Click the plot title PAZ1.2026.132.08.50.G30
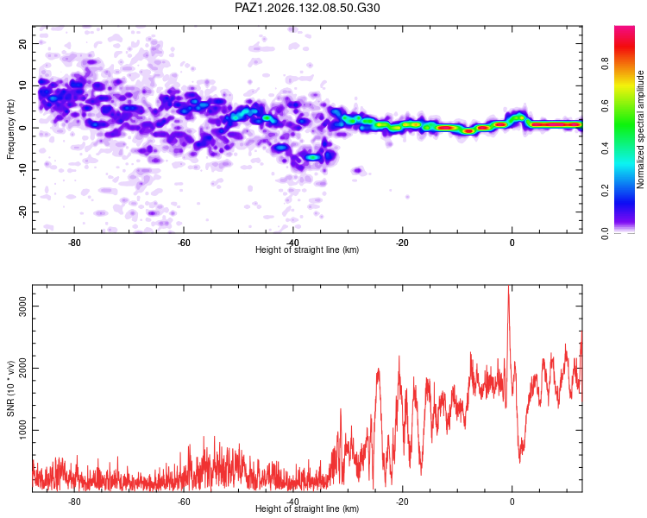(x=307, y=8)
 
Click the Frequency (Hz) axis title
(x=10, y=129)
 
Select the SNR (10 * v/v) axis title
(x=10, y=388)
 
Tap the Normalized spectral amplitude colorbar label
(x=640, y=129)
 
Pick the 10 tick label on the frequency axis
(x=22, y=85)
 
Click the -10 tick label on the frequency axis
(x=22, y=170)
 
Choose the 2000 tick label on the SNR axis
(x=22, y=368)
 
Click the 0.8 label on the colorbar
(x=606, y=64)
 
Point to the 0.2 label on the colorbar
(x=606, y=191)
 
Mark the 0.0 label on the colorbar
(x=606, y=233)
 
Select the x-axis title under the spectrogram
(x=307, y=250)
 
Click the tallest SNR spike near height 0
(x=508, y=287)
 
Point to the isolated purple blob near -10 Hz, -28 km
(x=357, y=170)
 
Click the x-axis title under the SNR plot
(x=307, y=509)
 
